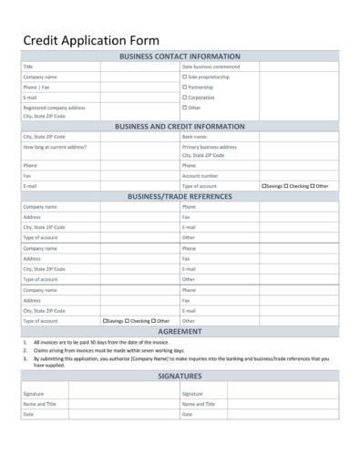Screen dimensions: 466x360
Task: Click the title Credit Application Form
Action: tap(90, 40)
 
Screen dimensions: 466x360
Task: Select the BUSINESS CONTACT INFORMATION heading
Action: tap(180, 57)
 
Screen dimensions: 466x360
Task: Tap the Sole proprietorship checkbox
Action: tap(184, 77)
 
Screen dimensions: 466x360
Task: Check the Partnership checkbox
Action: tap(184, 87)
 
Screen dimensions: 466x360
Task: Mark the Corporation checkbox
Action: tap(184, 97)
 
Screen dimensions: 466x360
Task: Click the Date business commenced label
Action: tap(211, 67)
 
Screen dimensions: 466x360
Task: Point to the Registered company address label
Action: tap(54, 108)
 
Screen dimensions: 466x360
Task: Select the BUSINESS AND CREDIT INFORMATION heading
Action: tap(180, 127)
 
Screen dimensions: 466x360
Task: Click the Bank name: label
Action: tap(195, 137)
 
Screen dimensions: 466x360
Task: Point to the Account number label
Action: tap(200, 175)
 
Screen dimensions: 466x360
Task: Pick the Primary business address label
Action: tap(209, 146)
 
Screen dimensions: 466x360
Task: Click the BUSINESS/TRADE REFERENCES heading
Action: tap(180, 196)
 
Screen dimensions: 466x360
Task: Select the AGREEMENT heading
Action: tap(180, 332)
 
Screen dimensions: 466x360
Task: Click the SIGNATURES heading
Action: tap(180, 375)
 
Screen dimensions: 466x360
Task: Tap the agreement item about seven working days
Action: tap(109, 350)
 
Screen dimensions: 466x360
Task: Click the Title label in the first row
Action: tap(27, 67)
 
